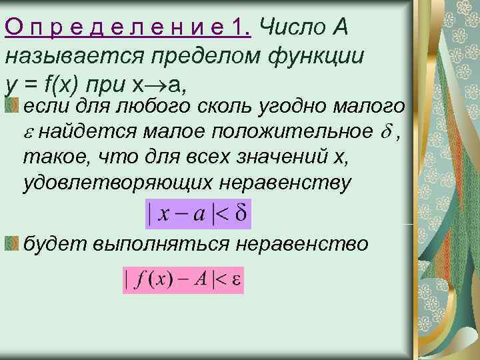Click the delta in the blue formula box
[240, 215]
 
